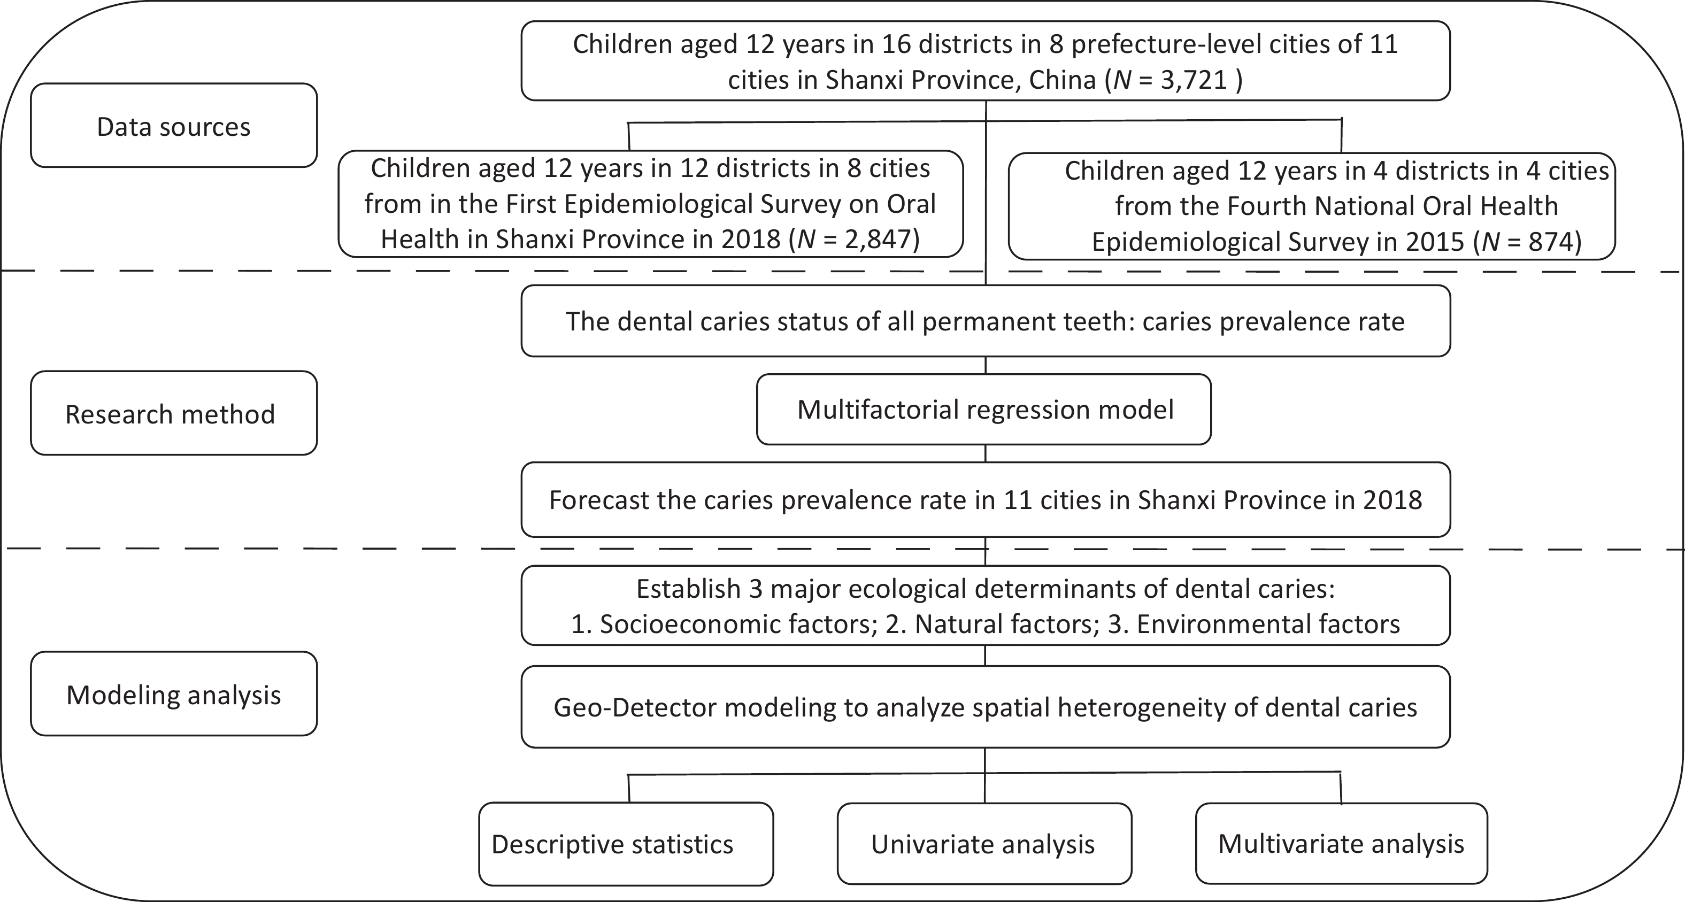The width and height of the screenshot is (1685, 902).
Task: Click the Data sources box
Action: pos(174,125)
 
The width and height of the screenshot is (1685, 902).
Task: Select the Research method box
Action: pos(174,413)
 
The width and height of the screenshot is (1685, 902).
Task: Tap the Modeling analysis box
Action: pos(174,693)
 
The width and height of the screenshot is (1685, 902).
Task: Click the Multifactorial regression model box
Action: pos(984,410)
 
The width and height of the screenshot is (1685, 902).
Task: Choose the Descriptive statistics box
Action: pos(626,844)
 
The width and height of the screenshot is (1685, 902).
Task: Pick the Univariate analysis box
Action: pos(984,844)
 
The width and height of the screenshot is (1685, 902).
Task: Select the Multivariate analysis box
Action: pos(1342,844)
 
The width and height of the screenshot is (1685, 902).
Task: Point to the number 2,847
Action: pos(873,240)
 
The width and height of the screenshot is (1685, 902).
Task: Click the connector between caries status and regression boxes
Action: pos(985,366)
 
